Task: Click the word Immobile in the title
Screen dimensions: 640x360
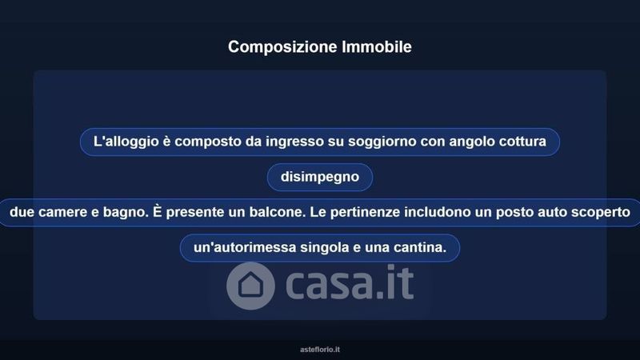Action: pyautogui.click(x=377, y=46)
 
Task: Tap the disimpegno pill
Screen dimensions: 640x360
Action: pyautogui.click(x=320, y=177)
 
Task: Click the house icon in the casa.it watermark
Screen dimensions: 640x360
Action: pyautogui.click(x=250, y=286)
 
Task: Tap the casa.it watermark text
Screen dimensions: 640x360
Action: pyautogui.click(x=350, y=282)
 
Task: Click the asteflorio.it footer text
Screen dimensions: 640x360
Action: pyautogui.click(x=320, y=350)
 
